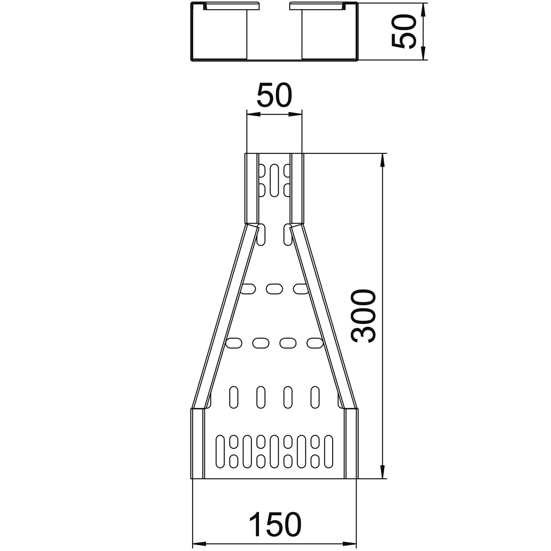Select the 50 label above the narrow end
pos(274,95)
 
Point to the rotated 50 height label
pos(403,31)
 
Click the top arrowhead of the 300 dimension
pos(383,161)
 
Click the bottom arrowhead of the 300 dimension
pos(383,471)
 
